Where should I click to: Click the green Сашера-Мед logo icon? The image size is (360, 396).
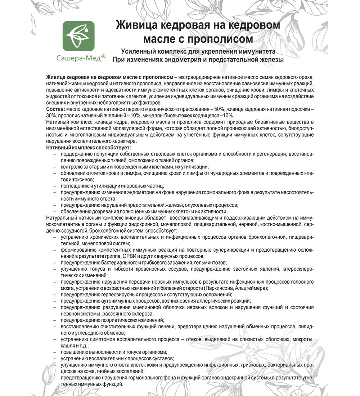point(79,35)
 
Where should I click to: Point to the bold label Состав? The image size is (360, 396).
point(55,109)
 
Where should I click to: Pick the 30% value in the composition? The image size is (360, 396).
point(52,116)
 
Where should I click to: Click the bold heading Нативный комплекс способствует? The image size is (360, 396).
point(89,148)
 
